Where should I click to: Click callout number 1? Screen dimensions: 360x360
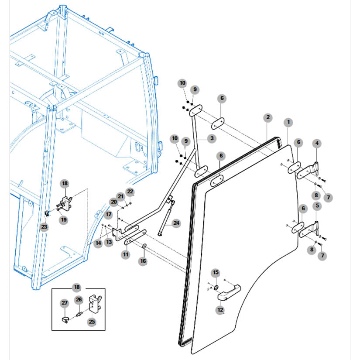[288, 122]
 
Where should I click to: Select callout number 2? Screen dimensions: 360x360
[268, 117]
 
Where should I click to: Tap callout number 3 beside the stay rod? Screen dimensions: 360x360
[212, 138]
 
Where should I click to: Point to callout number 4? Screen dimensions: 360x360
[317, 144]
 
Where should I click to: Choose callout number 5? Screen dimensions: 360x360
[317, 206]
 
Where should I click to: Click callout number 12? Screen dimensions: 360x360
[220, 310]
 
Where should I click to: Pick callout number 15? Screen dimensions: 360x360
[216, 273]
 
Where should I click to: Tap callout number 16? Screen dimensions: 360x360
[143, 261]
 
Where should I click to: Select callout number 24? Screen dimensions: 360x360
[176, 223]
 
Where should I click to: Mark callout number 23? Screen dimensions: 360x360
[44, 227]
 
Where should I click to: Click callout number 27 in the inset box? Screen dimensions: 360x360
[65, 303]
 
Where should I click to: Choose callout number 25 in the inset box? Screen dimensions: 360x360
[92, 322]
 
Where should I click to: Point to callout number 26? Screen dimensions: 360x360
[79, 300]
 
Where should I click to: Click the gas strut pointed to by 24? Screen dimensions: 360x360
[166, 218]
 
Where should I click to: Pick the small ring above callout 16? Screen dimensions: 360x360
[144, 246]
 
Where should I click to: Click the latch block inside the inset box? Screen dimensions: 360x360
[95, 304]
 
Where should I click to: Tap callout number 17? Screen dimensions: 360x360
[108, 214]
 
